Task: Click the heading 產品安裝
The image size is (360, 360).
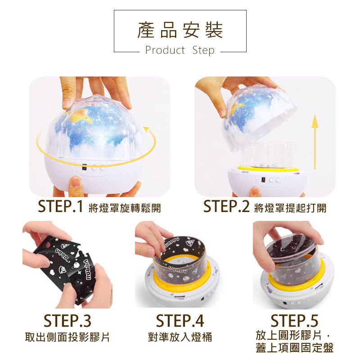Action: click(x=180, y=31)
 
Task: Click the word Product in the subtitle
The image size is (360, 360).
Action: click(x=165, y=50)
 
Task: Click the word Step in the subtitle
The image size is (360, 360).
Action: click(x=203, y=50)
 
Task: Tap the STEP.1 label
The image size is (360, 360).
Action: click(x=61, y=207)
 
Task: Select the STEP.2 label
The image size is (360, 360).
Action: click(x=226, y=207)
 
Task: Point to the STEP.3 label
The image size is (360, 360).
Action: click(x=67, y=321)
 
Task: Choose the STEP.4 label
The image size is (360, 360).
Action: click(x=180, y=321)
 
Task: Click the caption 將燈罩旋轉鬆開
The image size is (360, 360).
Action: click(x=125, y=208)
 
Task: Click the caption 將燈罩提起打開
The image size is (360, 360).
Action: click(x=290, y=208)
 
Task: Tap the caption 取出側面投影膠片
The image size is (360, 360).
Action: click(x=67, y=337)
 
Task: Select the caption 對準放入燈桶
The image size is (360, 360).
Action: click(x=180, y=337)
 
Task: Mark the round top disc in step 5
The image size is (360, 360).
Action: click(x=292, y=252)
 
